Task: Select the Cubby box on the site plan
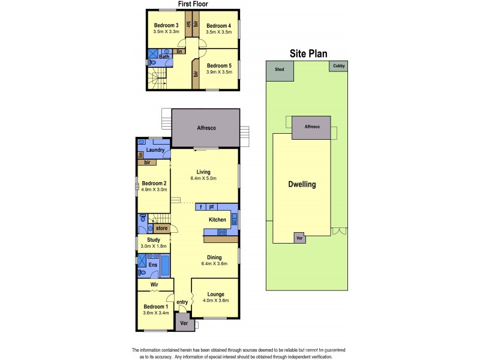(x=339, y=67)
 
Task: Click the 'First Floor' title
(x=193, y=5)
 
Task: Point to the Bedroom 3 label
(x=166, y=25)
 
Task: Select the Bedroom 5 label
(x=218, y=65)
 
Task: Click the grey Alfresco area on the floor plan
(x=206, y=128)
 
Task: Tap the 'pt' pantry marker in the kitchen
(x=212, y=206)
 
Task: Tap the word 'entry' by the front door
(x=182, y=302)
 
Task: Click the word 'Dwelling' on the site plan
(x=301, y=184)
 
